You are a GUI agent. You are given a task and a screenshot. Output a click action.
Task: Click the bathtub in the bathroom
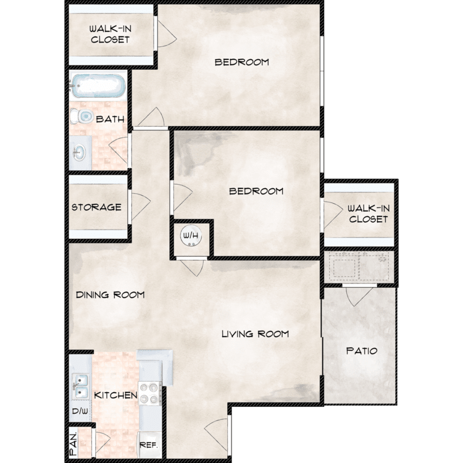point(98,86)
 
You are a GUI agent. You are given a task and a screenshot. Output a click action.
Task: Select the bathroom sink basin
point(79,153)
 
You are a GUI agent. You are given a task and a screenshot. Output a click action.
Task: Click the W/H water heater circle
point(191,235)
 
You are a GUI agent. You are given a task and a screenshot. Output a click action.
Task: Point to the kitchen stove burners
point(149,393)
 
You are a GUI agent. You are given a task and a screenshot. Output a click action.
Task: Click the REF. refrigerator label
point(149,445)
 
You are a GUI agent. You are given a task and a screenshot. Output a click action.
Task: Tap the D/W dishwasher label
point(80,411)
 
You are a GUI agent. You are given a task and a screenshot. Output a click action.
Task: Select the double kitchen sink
point(80,386)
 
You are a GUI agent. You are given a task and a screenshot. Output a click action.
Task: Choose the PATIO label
point(362,351)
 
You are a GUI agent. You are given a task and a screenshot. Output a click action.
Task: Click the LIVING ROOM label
point(255,334)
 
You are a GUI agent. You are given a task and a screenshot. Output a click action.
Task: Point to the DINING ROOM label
point(110,294)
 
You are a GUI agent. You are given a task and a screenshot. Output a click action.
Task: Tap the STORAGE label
point(96,207)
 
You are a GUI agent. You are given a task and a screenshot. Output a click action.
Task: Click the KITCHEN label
point(116,395)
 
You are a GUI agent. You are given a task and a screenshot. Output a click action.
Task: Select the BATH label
point(110,119)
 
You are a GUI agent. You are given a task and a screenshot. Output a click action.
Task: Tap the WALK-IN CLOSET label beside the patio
point(369,214)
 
